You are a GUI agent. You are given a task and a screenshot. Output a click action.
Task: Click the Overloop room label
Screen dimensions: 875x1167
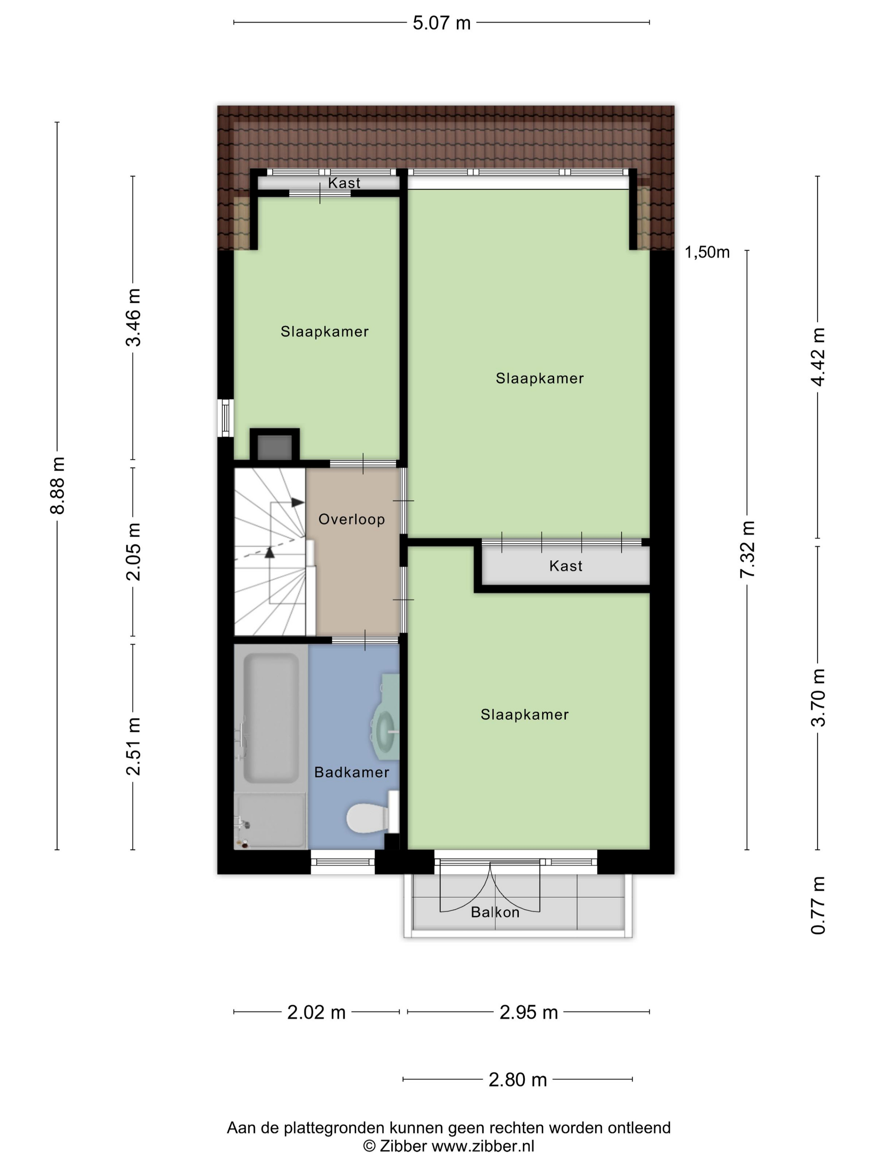tap(351, 519)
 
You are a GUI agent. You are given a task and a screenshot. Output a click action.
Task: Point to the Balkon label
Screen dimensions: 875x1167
tap(495, 912)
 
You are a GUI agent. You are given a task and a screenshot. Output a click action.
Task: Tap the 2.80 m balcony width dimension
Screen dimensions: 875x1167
tap(517, 1080)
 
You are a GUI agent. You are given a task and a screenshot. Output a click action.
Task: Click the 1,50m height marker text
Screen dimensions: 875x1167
tap(707, 252)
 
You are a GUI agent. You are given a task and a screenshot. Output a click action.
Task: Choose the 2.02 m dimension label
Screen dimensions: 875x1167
tap(316, 1012)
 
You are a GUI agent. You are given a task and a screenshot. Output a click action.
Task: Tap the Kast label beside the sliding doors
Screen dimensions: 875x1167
tap(565, 566)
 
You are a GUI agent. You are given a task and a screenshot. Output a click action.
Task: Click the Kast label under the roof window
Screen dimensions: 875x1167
tap(344, 183)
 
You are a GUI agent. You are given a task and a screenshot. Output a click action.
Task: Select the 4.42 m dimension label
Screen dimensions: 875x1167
tap(818, 357)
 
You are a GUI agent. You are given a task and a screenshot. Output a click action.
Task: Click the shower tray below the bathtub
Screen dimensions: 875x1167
tap(270, 820)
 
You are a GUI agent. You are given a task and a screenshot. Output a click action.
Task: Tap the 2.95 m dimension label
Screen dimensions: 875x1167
tap(528, 1012)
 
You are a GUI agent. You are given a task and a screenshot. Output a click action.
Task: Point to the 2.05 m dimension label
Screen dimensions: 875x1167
tap(133, 552)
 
